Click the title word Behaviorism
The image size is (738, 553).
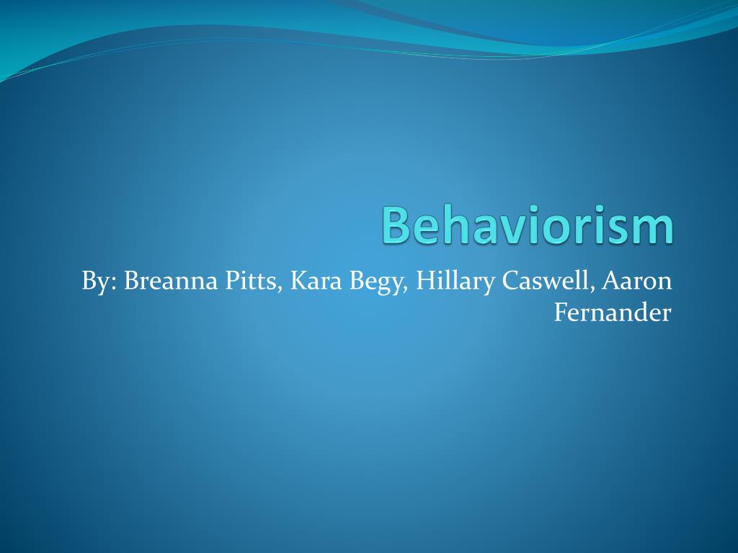pyautogui.click(x=528, y=225)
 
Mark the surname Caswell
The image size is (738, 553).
pyautogui.click(x=548, y=282)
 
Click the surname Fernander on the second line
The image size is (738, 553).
pyautogui.click(x=613, y=313)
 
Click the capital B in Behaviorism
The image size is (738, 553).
pyautogui.click(x=396, y=225)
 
